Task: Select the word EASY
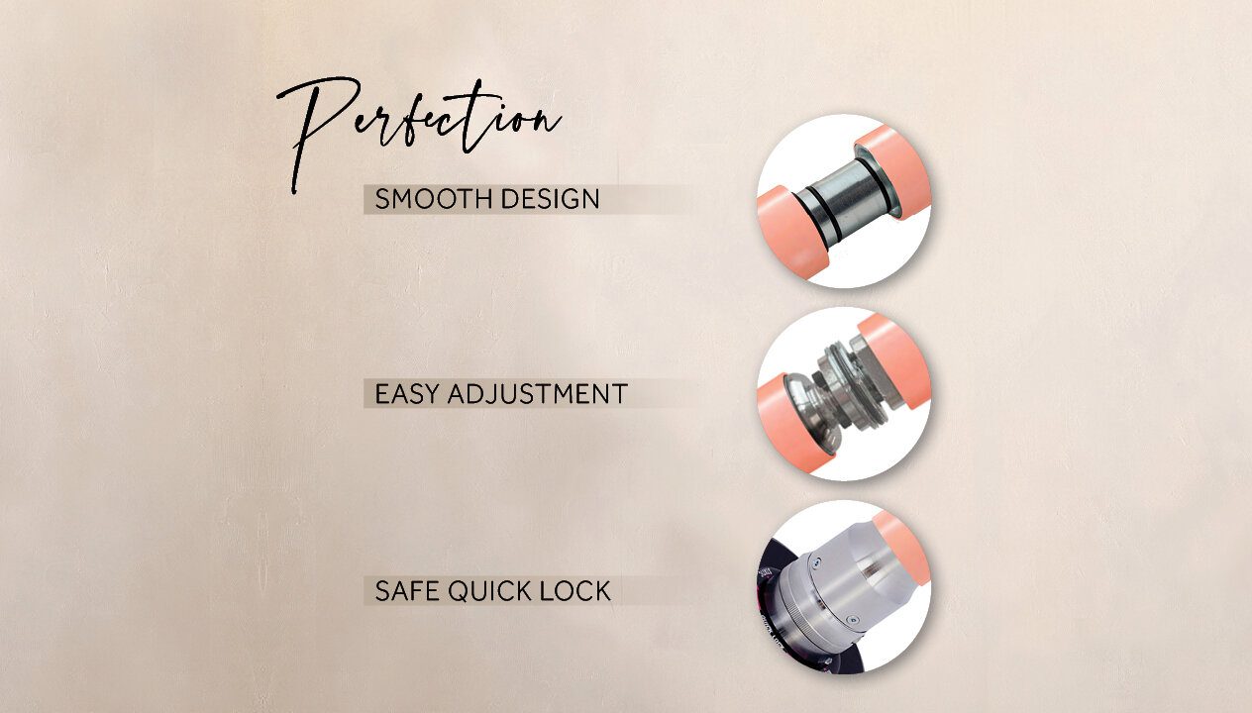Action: tap(406, 394)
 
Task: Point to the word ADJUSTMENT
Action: tap(538, 394)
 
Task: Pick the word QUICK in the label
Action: tap(489, 591)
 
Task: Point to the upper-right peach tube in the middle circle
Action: tap(895, 359)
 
